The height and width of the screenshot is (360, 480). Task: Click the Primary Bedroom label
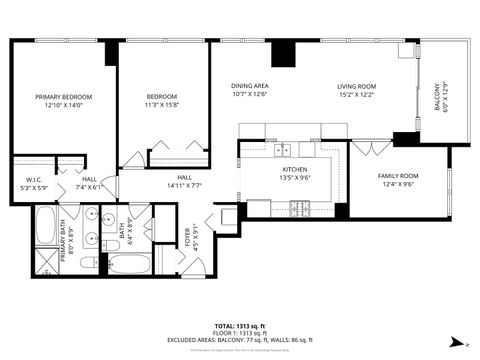tap(63, 97)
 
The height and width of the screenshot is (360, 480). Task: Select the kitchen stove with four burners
tap(297, 209)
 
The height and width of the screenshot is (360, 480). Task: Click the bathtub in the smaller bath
tap(127, 265)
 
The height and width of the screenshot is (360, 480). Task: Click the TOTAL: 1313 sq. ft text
tap(240, 326)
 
